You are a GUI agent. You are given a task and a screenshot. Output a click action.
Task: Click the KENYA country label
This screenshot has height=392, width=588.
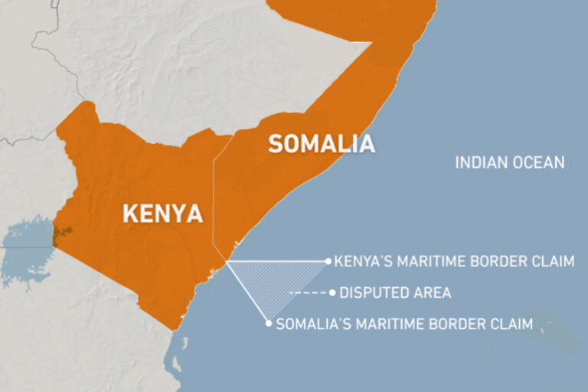pos(163,213)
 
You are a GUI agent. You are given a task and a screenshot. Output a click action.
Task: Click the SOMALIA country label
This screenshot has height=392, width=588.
pos(321,143)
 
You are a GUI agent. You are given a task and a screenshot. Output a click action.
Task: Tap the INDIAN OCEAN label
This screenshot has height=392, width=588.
pos(509,162)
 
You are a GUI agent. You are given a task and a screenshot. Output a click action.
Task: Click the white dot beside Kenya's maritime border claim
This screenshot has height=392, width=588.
pos(328,262)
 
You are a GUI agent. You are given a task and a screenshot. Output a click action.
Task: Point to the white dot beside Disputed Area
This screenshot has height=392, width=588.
pos(332,292)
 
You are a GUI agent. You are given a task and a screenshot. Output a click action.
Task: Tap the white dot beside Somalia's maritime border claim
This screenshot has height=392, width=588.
pos(269,323)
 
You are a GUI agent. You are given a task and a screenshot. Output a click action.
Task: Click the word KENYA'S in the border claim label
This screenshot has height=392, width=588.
pos(366,262)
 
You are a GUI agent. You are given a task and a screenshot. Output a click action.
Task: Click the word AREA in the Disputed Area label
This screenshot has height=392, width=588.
pos(434,292)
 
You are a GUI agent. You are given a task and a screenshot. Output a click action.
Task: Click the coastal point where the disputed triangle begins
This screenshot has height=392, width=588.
pos(227,263)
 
